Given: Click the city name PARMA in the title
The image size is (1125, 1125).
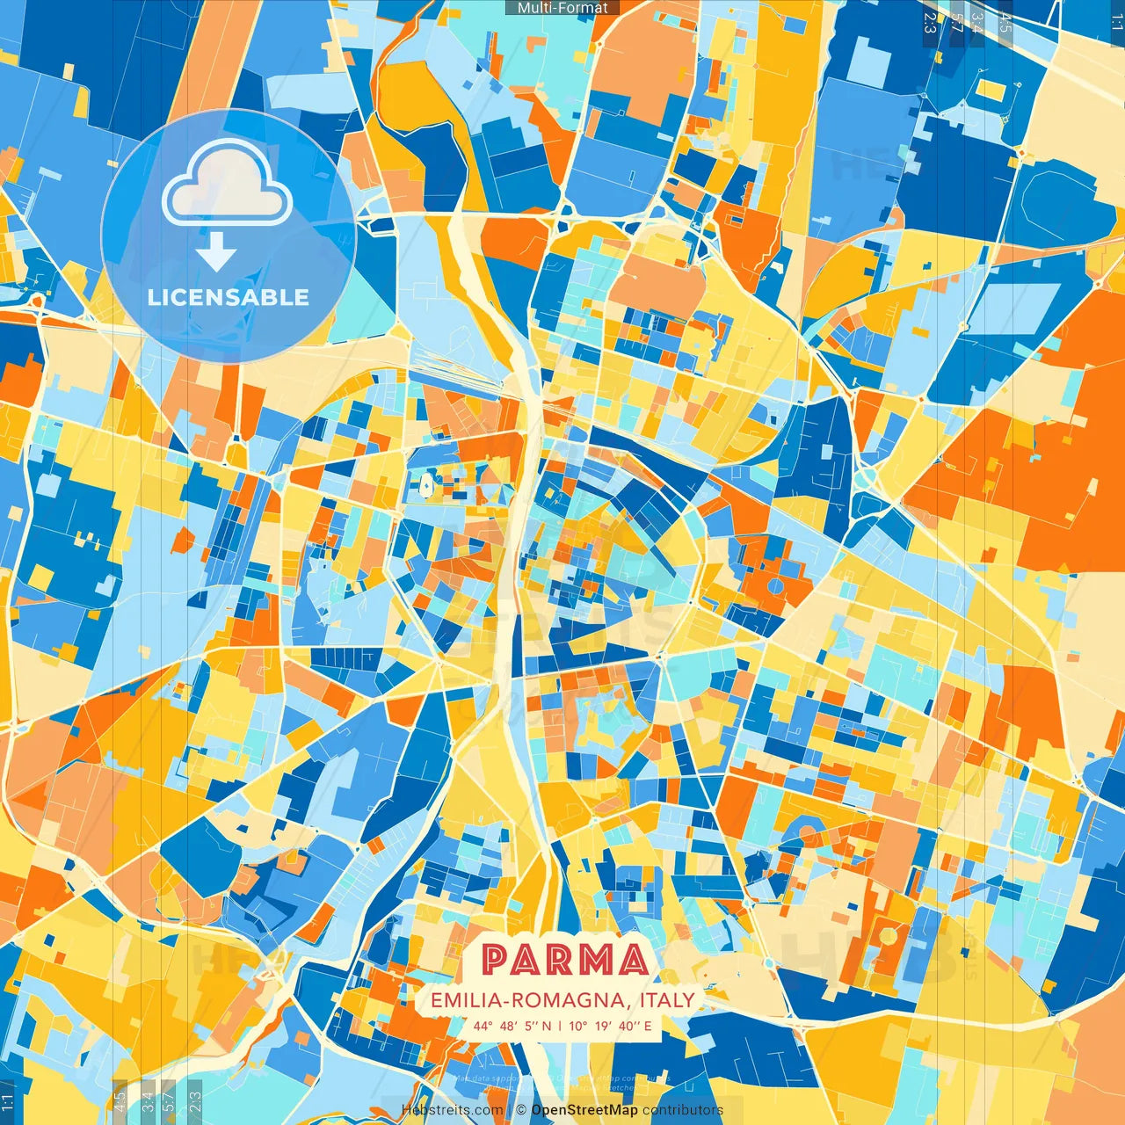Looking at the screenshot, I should [564, 960].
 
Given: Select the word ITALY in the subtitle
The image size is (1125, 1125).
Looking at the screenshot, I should [667, 1000].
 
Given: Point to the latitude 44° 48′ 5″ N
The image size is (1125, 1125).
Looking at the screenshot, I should [512, 1026].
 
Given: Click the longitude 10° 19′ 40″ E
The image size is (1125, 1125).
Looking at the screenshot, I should [610, 1026].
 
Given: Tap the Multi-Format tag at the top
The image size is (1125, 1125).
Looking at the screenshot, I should [562, 8].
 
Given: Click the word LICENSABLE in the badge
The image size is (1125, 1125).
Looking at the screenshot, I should [229, 297].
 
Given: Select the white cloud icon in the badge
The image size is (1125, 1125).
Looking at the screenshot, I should [227, 186].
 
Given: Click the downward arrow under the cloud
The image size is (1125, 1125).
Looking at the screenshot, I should [216, 255].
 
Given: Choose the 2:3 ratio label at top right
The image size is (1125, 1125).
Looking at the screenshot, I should [930, 22].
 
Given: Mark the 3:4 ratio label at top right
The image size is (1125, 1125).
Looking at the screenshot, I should [977, 22].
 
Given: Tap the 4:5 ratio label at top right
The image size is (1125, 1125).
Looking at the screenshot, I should [1005, 22].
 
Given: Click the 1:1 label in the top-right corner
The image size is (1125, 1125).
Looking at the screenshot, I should [1116, 22].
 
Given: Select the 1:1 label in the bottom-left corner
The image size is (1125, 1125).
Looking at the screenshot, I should [8, 1102].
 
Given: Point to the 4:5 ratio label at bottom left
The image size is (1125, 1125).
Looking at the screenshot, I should [120, 1102].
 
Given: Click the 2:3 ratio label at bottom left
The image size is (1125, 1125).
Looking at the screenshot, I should [194, 1102].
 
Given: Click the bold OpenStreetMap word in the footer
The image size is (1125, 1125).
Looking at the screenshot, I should [584, 1110].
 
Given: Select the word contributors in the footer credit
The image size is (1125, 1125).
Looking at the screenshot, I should [683, 1110].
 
